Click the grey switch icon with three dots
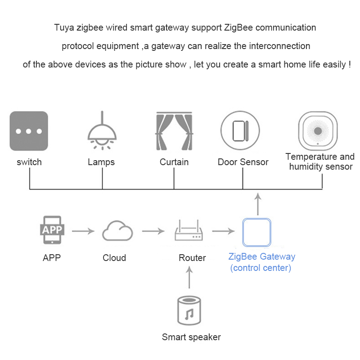click(29, 131)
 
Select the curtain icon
click(175, 131)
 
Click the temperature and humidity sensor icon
click(318, 130)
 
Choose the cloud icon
click(117, 231)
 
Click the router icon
click(189, 232)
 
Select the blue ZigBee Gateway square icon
click(257, 232)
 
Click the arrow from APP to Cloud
click(83, 232)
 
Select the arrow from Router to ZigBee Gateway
click(224, 232)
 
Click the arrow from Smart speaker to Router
click(189, 277)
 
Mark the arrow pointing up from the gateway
click(257, 204)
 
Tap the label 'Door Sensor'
click(243, 162)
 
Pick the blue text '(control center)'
click(261, 268)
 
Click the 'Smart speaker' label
click(191, 337)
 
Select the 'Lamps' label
click(101, 162)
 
